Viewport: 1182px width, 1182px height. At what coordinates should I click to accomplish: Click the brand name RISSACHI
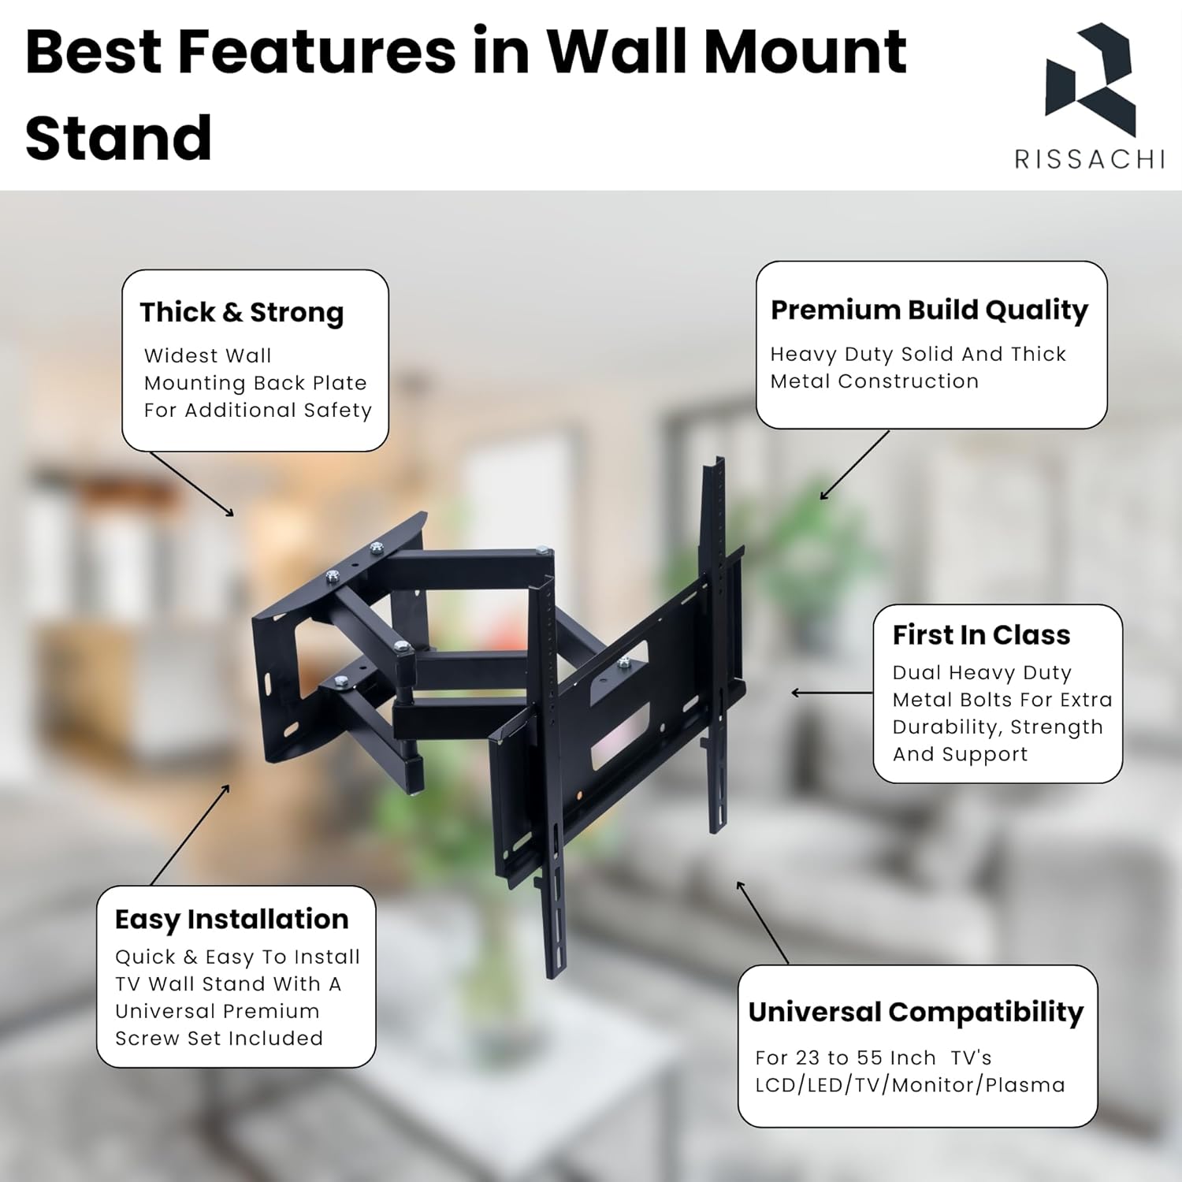point(1090,159)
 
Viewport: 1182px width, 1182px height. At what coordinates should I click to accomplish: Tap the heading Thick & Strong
point(242,313)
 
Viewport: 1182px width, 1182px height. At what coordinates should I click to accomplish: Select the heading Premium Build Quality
point(929,310)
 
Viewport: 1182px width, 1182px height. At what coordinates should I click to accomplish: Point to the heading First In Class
point(981,634)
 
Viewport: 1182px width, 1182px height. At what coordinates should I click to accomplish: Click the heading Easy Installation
point(232,920)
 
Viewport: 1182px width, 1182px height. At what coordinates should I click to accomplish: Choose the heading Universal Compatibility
point(916,1012)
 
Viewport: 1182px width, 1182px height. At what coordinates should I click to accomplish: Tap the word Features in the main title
point(317,52)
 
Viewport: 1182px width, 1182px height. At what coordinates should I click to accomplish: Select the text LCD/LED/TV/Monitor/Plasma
point(910,1085)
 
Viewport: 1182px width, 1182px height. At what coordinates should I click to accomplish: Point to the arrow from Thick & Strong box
point(191,484)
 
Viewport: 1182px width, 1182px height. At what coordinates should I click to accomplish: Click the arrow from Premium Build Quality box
point(855,465)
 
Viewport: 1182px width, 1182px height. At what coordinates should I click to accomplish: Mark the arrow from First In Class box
point(832,693)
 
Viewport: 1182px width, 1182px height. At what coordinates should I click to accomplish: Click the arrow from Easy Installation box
point(190,835)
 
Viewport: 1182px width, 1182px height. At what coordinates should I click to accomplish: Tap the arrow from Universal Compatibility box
point(763,922)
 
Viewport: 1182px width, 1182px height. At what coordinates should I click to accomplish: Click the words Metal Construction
point(875,381)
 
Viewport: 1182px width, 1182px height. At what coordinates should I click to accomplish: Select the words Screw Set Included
point(219,1039)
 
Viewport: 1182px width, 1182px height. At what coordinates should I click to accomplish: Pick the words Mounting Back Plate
point(255,384)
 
